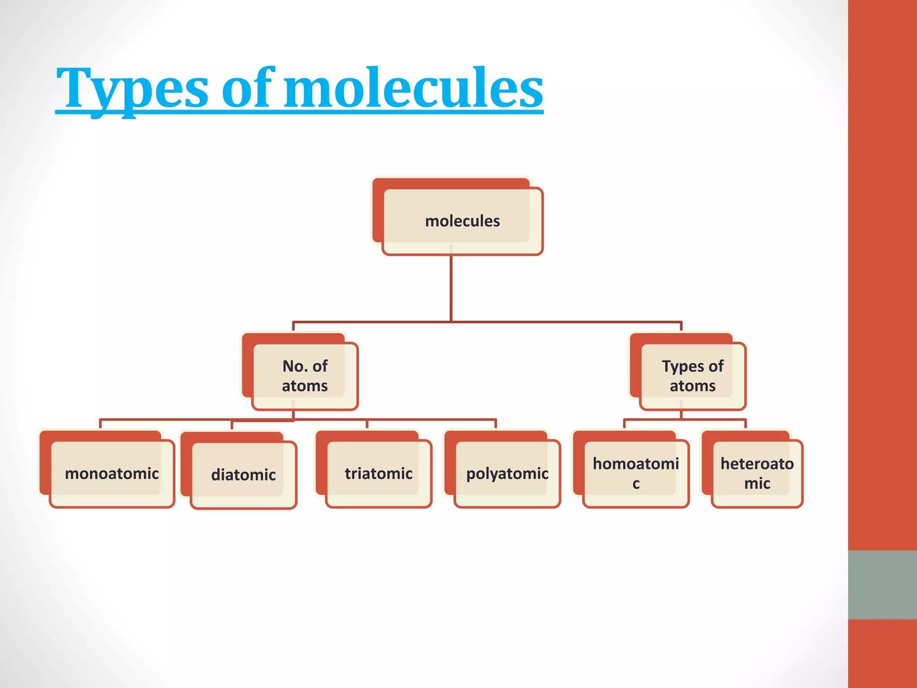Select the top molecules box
462,221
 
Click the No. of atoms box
304,376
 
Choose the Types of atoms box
692,376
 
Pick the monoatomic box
111,473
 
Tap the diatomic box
243,475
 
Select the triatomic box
378,473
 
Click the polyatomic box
507,473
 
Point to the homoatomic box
635,473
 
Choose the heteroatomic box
757,473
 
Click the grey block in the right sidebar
882,585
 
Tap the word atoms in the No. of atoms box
304,386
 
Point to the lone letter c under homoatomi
636,484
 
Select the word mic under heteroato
757,484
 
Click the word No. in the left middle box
294,366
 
